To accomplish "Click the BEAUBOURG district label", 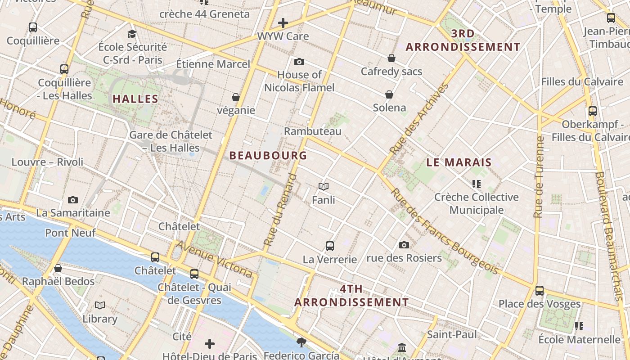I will point(268,156).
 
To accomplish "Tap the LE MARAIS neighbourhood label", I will point(459,162).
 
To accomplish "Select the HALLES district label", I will point(135,99).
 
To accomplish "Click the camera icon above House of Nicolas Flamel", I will point(299,62).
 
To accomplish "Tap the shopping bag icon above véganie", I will point(235,97).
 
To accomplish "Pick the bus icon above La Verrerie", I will point(330,246).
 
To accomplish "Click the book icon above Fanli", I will point(324,186).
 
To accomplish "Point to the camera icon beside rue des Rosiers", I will point(404,245).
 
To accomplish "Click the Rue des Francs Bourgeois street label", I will point(445,231).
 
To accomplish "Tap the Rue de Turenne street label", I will point(539,176).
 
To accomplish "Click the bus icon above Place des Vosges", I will point(540,290).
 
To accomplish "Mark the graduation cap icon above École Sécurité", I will point(132,34).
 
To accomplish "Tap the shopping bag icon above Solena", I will point(389,94).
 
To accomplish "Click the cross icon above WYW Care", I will point(283,22).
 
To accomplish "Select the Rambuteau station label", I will point(313,131).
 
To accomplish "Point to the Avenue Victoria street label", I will point(214,259).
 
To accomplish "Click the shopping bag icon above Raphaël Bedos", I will point(58,269).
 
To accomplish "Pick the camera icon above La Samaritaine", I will point(73,200).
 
